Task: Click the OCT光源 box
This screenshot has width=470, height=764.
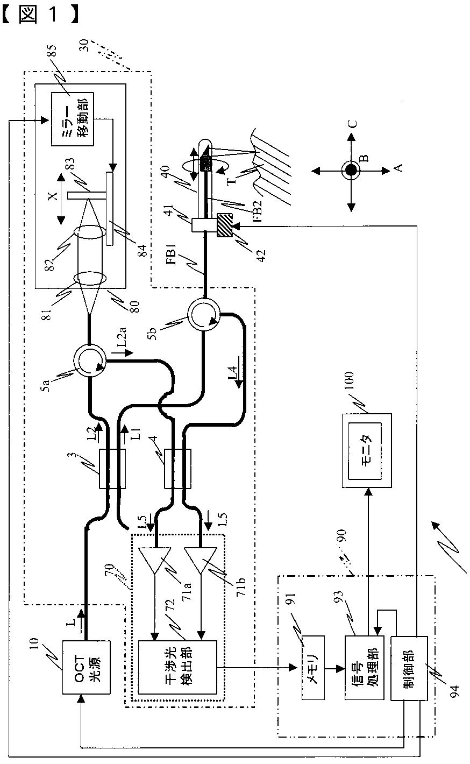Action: pos(87,667)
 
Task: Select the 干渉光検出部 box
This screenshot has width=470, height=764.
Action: pos(177,667)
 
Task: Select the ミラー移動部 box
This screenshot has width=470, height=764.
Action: pos(72,119)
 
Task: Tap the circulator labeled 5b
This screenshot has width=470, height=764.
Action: pos(203,314)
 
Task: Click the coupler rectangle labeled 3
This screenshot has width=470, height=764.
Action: pos(112,469)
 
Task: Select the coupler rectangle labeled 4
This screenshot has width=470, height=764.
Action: pos(177,469)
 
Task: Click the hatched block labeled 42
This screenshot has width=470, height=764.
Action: pos(225,225)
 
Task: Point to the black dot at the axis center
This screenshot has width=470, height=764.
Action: pos(351,169)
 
